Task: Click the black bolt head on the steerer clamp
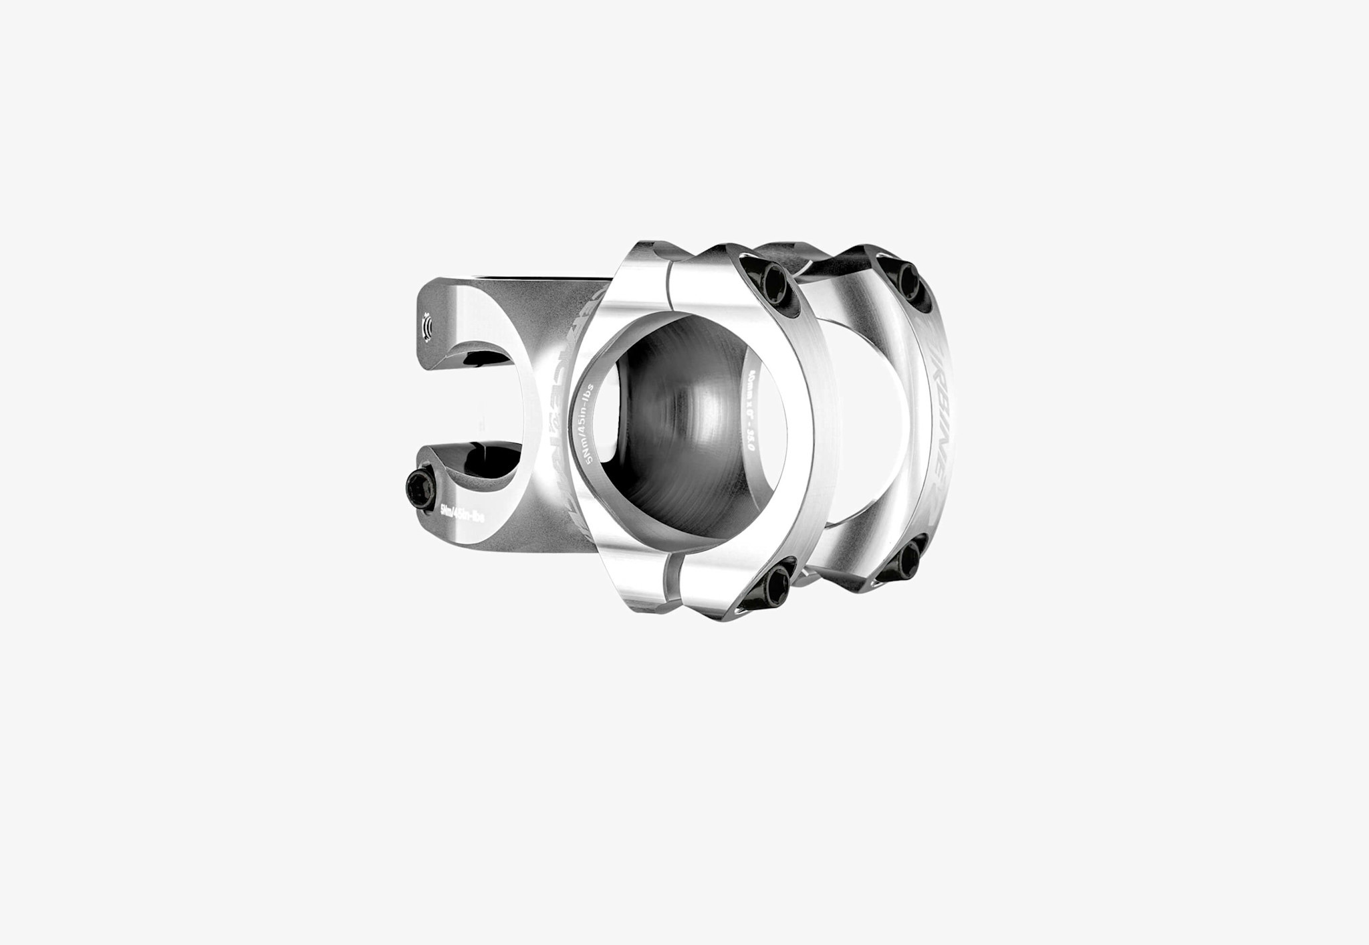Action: coord(419,482)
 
